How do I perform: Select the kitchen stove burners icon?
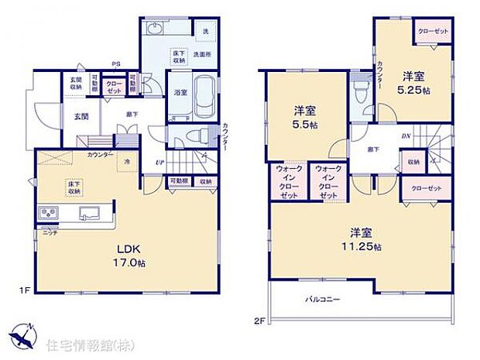click(46, 212)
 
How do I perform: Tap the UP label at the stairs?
click(159, 162)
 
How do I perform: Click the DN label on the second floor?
click(406, 135)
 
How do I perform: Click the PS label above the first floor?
click(116, 65)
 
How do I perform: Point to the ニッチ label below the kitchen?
click(49, 231)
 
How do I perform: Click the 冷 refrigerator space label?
click(127, 161)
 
